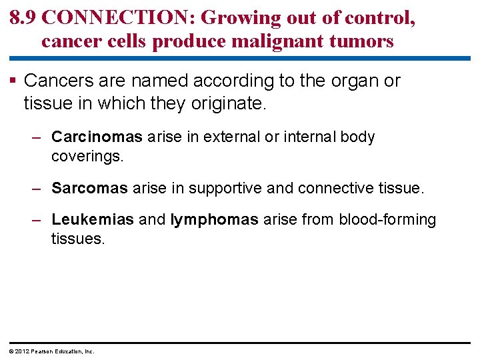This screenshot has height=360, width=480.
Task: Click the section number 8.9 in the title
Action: pos(23,17)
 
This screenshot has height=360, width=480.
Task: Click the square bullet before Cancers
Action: pos(15,81)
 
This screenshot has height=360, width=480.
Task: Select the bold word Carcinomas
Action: pos(97,137)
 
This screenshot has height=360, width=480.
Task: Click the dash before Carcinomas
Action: pos(38,137)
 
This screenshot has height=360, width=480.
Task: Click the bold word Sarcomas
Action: pos(89,189)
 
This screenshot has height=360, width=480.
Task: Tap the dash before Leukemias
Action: pos(38,220)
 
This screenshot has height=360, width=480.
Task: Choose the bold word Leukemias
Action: pos(93,220)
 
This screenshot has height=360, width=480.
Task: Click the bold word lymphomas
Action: pos(214,220)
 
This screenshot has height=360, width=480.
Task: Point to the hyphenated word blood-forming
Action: pos(387,220)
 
